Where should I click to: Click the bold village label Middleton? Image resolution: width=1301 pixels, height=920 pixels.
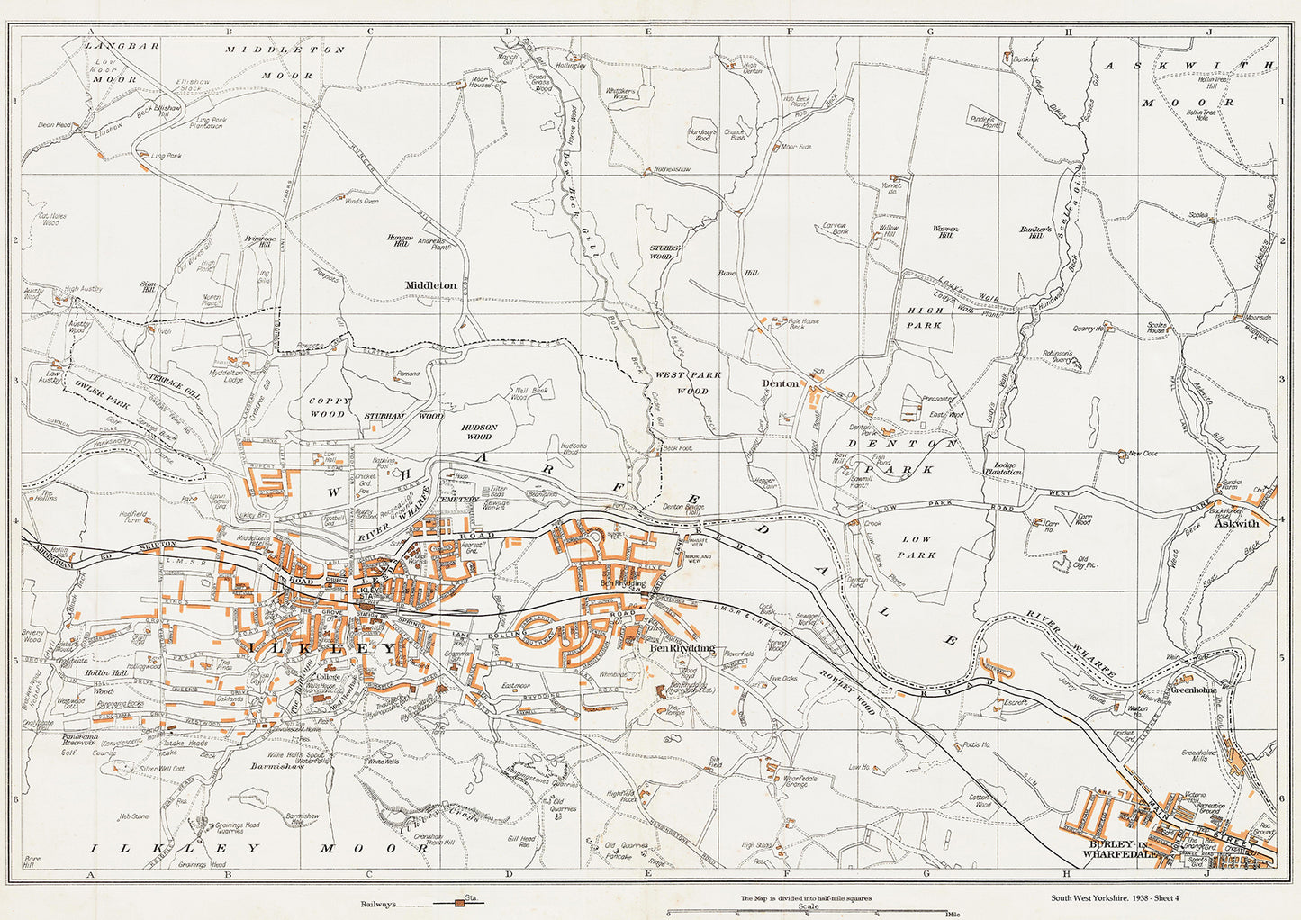tap(430, 285)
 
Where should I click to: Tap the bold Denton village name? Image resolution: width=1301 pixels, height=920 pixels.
tap(780, 383)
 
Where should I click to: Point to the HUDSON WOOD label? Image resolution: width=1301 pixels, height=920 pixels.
tap(478, 431)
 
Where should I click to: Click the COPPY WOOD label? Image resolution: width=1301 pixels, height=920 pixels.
tap(327, 408)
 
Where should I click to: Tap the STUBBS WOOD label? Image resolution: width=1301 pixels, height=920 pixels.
tap(661, 251)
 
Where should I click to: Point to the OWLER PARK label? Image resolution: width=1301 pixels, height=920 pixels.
tap(104, 399)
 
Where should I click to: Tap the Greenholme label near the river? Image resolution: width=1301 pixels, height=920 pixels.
tap(1193, 690)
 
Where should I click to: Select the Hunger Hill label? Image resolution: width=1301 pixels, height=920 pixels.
tap(399, 240)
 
